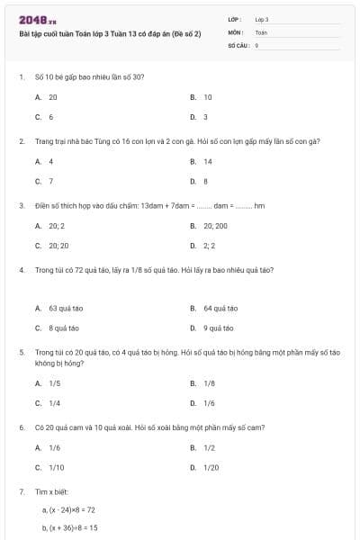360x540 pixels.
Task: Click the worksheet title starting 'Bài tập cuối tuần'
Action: [110, 33]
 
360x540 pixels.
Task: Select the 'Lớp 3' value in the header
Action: [262, 19]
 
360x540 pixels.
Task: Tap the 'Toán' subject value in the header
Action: [261, 31]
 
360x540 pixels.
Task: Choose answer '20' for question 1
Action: [53, 96]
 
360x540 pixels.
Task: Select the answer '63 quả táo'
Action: [66, 308]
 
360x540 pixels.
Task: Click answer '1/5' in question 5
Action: [54, 383]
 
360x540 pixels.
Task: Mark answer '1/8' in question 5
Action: [209, 383]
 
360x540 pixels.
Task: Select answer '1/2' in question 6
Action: [209, 447]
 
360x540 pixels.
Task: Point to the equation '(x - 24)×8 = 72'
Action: [68, 509]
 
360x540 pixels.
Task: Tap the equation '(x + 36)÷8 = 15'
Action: [69, 527]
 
